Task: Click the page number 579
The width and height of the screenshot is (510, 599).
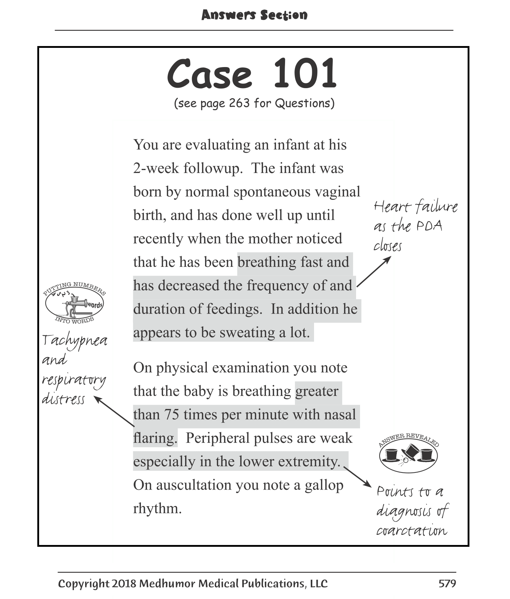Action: tap(447, 583)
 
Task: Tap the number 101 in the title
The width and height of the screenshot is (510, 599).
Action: tap(305, 74)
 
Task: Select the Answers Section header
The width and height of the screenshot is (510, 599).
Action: tap(254, 15)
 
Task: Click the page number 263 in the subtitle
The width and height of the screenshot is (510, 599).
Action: tap(239, 103)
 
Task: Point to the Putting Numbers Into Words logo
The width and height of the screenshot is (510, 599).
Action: tap(74, 303)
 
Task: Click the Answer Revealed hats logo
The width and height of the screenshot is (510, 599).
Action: tap(408, 453)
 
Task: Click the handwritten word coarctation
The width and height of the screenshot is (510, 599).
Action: tap(412, 531)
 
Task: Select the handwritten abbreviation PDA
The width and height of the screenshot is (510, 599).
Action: tap(429, 226)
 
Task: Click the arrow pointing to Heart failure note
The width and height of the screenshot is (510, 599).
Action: tap(374, 272)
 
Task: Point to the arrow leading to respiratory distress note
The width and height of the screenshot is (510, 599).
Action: tap(114, 411)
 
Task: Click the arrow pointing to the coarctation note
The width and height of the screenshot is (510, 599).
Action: tap(357, 477)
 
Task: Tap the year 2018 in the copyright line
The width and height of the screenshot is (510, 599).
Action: tap(124, 583)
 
